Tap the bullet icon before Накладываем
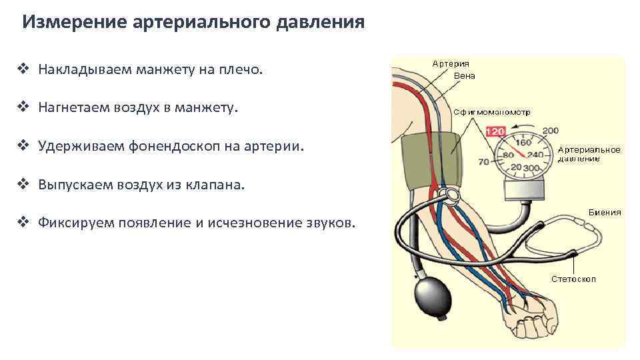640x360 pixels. (25, 69)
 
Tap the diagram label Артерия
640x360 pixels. (451, 64)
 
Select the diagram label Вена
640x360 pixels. (464, 76)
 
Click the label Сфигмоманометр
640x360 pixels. (492, 112)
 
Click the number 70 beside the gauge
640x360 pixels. (485, 161)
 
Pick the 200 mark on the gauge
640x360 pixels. (551, 131)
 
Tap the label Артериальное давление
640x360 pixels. (589, 154)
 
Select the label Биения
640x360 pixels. (605, 212)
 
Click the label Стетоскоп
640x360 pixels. (573, 279)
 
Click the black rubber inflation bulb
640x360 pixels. (432, 293)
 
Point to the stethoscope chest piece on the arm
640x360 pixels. (451, 194)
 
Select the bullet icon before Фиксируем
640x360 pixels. (25, 223)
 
